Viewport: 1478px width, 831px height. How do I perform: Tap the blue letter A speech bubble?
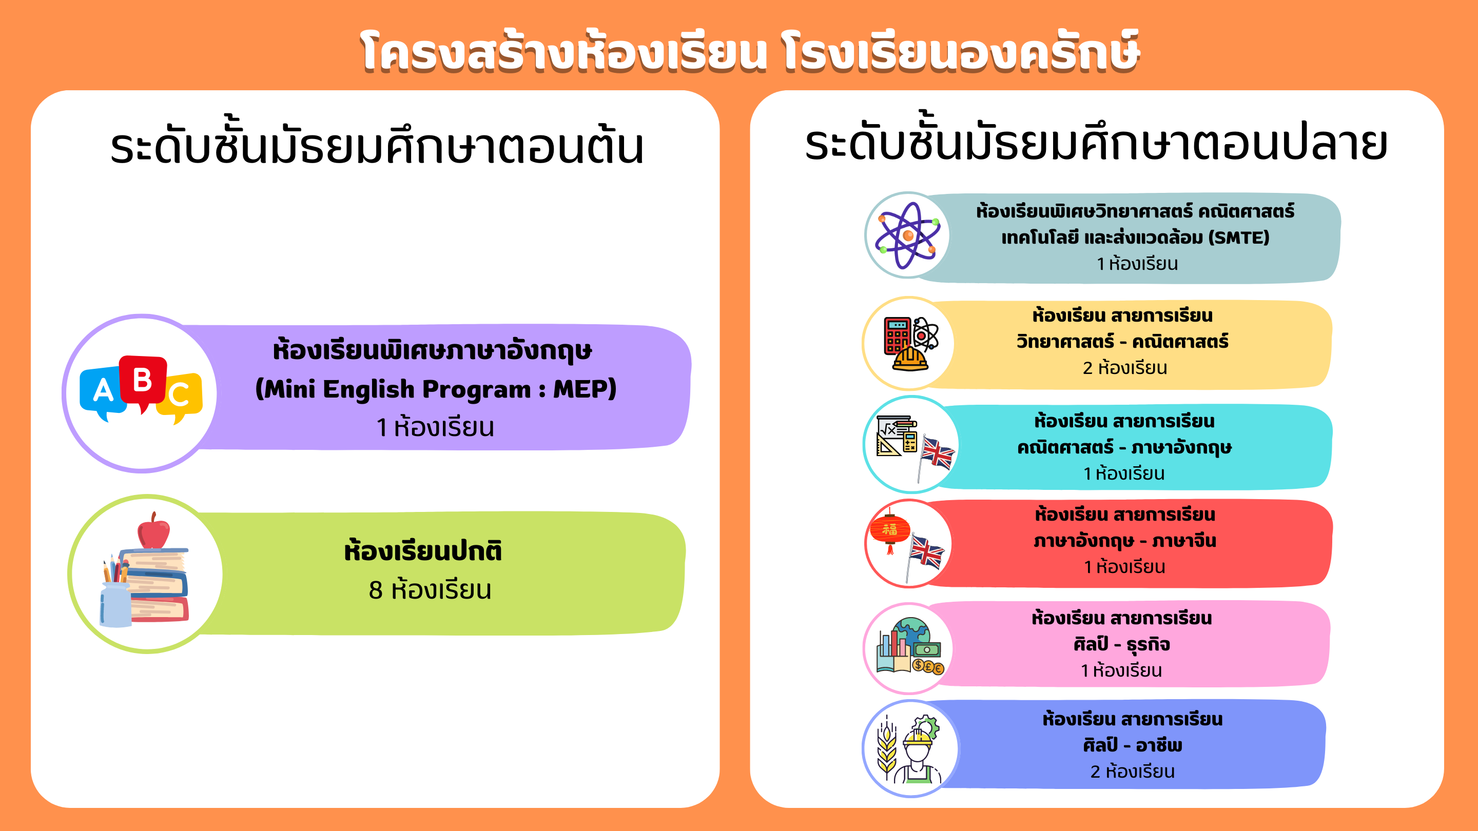(x=103, y=392)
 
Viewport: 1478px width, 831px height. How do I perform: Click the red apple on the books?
(x=154, y=531)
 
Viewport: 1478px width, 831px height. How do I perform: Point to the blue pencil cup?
(x=115, y=604)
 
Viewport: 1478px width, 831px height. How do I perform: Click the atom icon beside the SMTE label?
(x=907, y=235)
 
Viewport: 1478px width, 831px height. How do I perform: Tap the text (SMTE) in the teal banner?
(x=1239, y=238)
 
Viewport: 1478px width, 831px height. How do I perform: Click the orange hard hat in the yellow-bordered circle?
(x=910, y=359)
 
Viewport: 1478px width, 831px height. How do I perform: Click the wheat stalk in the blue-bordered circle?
(x=887, y=748)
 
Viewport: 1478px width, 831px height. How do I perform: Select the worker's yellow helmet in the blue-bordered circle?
(x=918, y=737)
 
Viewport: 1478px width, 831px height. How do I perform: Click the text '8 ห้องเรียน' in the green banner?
(x=430, y=590)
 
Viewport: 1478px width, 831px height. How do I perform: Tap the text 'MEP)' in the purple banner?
(x=585, y=389)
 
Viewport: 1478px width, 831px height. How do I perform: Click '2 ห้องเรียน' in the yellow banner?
(x=1125, y=368)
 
